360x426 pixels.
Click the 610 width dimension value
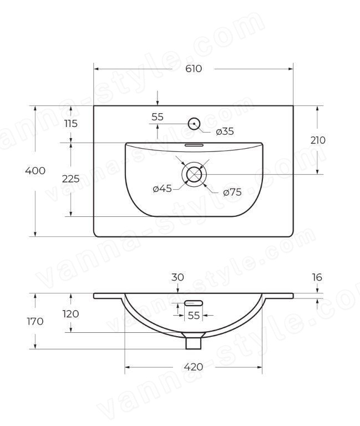click(x=194, y=69)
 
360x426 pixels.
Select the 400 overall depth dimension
click(x=35, y=171)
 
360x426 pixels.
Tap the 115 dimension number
click(x=71, y=124)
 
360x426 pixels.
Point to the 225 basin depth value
click(x=70, y=179)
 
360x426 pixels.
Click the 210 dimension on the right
click(x=318, y=140)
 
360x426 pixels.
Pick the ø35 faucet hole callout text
click(x=225, y=131)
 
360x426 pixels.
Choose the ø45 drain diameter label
click(x=162, y=188)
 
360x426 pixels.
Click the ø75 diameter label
click(x=232, y=192)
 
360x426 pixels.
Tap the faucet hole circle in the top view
click(x=194, y=124)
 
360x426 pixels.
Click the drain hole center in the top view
click(x=194, y=174)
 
